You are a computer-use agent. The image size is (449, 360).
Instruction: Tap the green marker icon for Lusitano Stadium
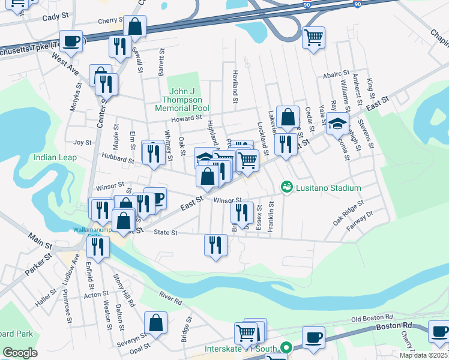coord(287,188)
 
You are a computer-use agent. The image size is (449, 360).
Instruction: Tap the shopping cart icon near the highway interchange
coord(313,38)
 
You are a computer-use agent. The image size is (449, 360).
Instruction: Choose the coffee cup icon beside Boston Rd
coord(313,337)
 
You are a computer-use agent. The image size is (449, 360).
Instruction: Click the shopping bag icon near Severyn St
coord(156,322)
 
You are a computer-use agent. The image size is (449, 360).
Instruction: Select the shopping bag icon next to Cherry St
coord(135,26)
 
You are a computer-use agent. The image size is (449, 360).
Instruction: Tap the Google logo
coord(20,353)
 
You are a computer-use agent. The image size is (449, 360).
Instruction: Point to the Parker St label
coord(35,265)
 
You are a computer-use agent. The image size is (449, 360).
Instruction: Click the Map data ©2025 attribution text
coord(424,355)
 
